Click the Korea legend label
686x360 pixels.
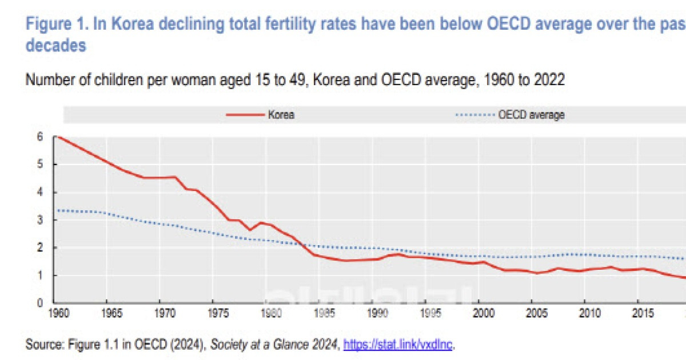coord(281,115)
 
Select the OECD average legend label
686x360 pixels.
coord(531,115)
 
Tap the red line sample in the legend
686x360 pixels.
coord(245,115)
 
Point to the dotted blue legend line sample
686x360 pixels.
coord(474,115)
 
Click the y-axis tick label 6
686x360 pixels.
coord(40,137)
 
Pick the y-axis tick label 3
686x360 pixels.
coord(40,220)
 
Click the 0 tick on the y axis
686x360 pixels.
coord(40,303)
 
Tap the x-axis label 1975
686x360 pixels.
coord(214,313)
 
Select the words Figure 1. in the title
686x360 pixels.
coord(53,24)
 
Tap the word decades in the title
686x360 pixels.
coord(55,46)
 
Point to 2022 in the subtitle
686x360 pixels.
coord(549,80)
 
